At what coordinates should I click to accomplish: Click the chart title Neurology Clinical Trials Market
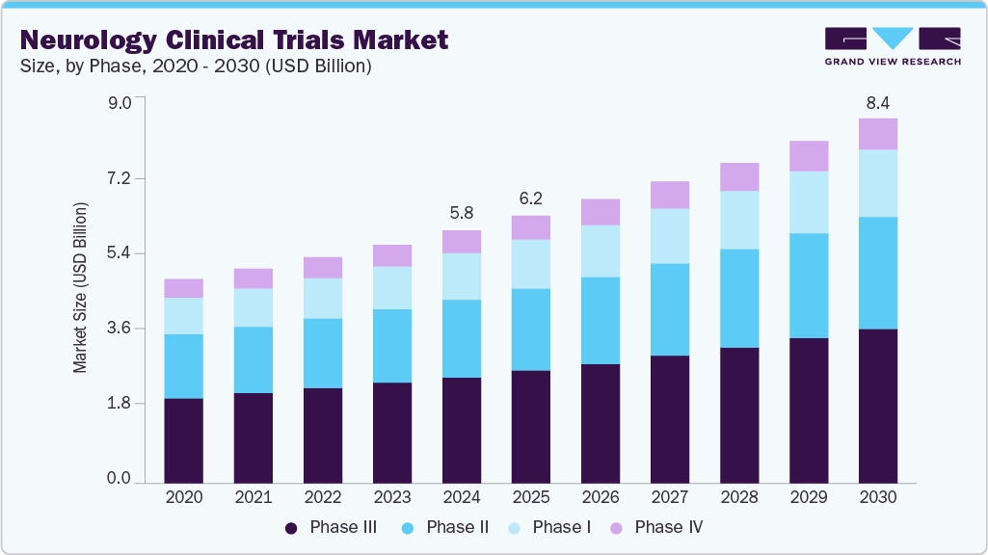click(234, 40)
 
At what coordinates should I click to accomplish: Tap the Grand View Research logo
click(892, 45)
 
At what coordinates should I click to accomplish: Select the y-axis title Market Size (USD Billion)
click(81, 288)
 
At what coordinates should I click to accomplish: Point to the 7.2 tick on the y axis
click(124, 179)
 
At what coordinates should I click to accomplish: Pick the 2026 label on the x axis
click(600, 498)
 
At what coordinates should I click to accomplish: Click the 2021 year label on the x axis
click(253, 498)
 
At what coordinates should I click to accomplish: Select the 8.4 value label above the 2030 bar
click(877, 101)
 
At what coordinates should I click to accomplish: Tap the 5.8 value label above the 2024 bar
click(461, 212)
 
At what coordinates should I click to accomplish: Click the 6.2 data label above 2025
click(530, 198)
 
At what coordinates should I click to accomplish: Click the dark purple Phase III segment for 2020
click(183, 439)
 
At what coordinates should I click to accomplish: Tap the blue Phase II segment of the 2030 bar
click(877, 273)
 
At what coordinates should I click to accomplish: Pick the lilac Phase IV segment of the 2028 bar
click(738, 176)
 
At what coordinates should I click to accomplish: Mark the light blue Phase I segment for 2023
click(391, 287)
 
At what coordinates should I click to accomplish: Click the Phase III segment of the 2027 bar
click(669, 418)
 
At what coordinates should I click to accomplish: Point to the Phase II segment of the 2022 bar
click(322, 353)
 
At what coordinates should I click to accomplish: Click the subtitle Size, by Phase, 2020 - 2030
click(196, 66)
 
